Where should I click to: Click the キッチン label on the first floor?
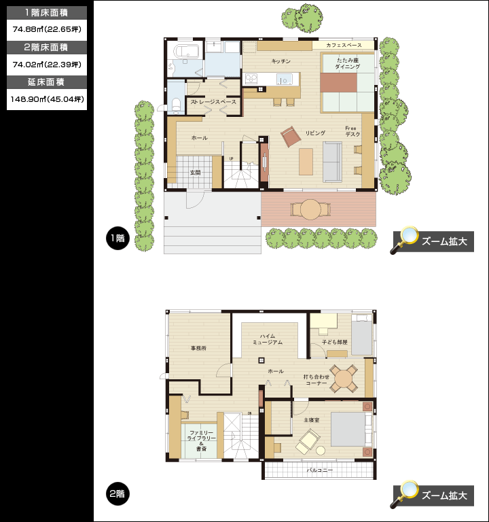click(281, 61)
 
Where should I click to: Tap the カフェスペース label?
click(344, 45)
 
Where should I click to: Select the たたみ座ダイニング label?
click(348, 63)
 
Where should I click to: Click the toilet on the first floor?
click(176, 104)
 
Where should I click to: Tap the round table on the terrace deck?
click(310, 210)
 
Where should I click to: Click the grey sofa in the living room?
click(332, 162)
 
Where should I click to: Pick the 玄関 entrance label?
click(196, 173)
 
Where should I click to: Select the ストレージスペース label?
click(213, 102)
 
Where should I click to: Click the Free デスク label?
click(352, 131)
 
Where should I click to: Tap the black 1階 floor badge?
click(117, 238)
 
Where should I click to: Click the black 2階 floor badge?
click(117, 493)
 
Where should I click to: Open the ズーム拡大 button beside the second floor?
click(433, 495)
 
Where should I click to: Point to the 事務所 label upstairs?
click(198, 348)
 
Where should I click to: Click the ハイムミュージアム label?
click(268, 339)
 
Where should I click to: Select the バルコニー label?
click(319, 470)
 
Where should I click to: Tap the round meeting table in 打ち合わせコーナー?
click(344, 378)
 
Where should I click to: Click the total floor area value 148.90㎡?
click(47, 99)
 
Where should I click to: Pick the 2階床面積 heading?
click(46, 48)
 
